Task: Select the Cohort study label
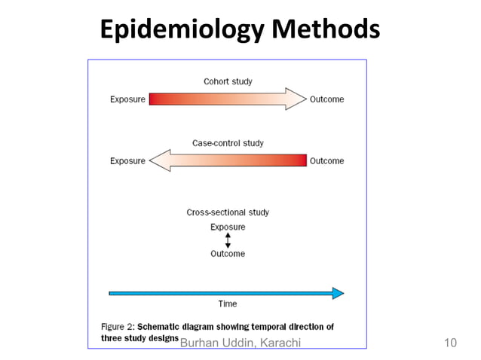[x=228, y=81]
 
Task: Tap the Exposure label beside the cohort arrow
[x=127, y=99]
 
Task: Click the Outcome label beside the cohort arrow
[x=327, y=99]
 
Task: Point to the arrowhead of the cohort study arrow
[x=296, y=99]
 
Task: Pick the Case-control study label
[x=228, y=143]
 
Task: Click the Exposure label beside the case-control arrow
[x=127, y=160]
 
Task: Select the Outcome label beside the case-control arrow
[x=327, y=160]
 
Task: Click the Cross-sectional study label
[x=228, y=212]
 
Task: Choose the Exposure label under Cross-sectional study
[x=228, y=227]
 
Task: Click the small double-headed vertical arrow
[x=228, y=240]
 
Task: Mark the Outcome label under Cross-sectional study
[x=228, y=254]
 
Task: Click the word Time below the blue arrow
[x=228, y=304]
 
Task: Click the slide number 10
[x=451, y=343]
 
